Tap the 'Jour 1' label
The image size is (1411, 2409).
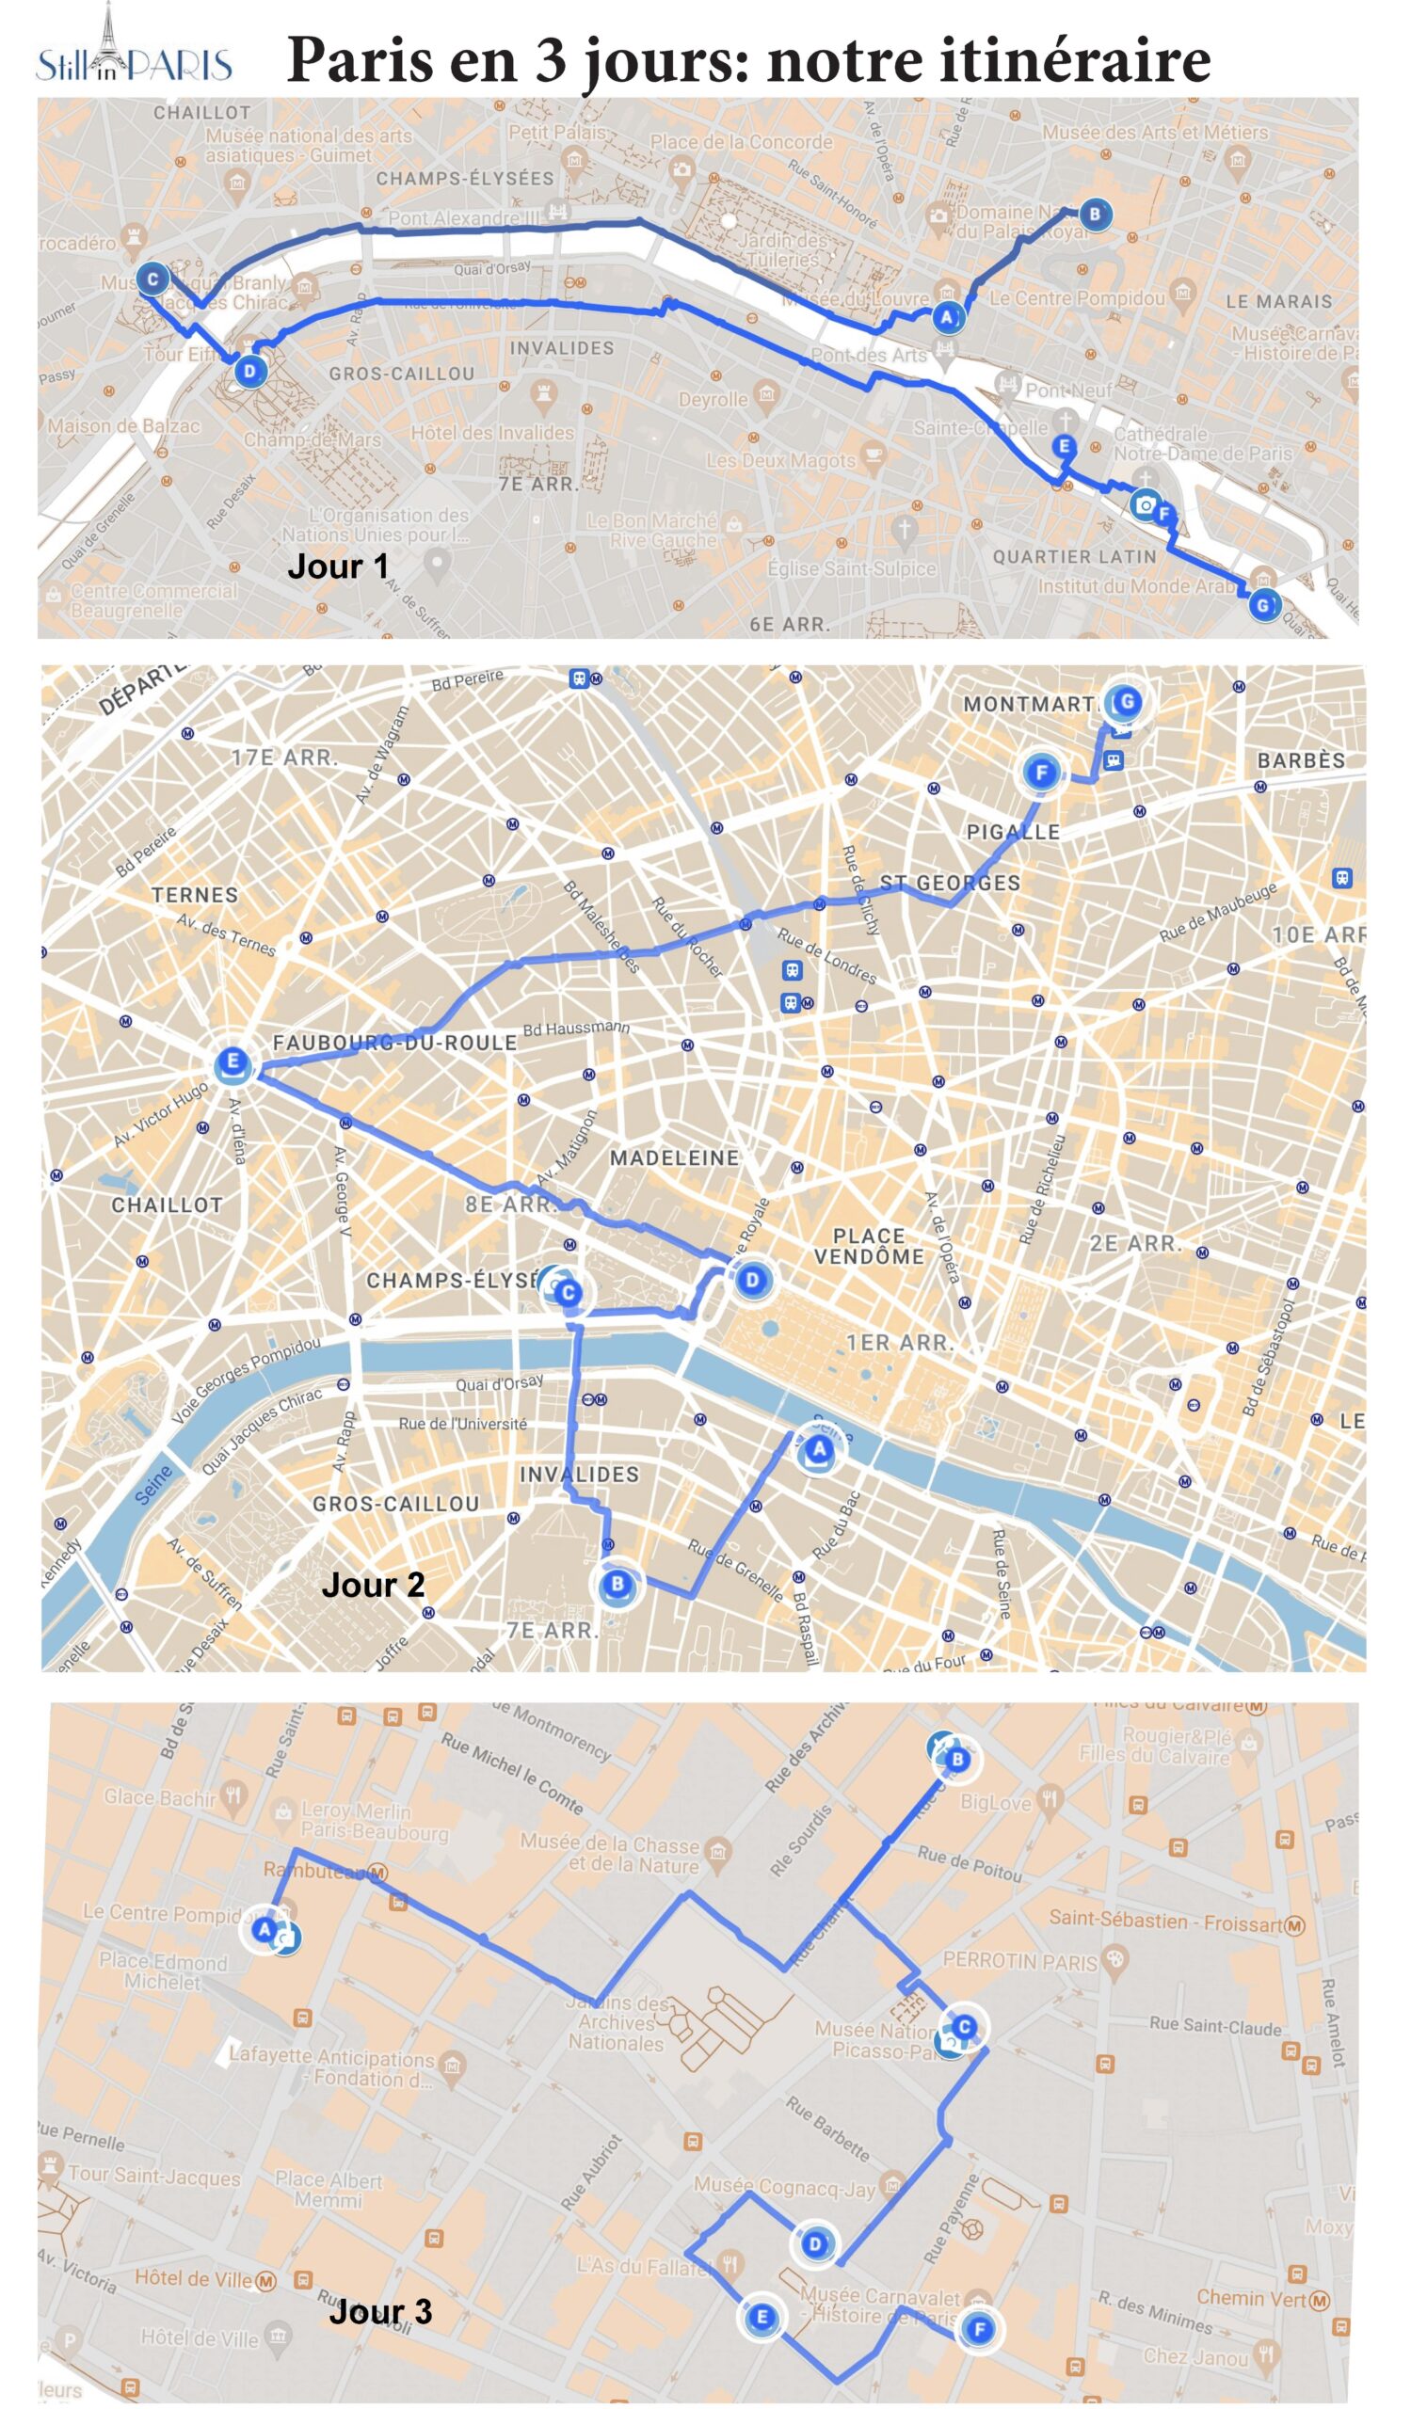point(339,566)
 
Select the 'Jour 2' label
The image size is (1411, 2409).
point(373,1584)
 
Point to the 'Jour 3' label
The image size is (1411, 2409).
point(380,2310)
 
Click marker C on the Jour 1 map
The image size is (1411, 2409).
point(152,279)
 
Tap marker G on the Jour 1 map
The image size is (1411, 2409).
point(1263,604)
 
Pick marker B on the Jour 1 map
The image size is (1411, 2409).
point(1096,215)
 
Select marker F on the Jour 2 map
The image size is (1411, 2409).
point(1042,772)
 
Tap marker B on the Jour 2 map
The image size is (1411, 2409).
point(617,1584)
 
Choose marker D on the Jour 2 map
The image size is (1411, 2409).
point(752,1280)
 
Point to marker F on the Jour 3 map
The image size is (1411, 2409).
point(979,2330)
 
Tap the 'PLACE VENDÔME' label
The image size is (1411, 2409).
point(869,1247)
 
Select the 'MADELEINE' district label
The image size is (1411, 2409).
point(674,1157)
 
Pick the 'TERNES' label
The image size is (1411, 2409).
point(195,895)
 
